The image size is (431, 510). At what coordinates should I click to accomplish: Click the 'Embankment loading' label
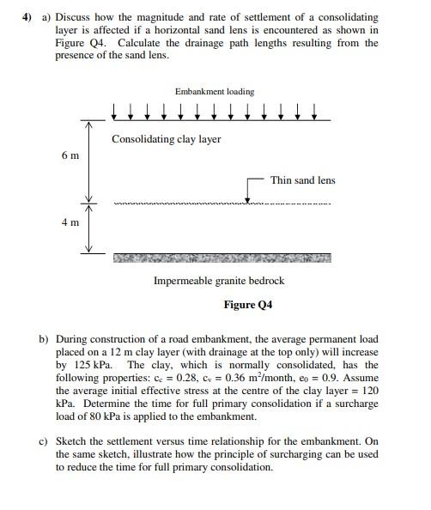click(214, 91)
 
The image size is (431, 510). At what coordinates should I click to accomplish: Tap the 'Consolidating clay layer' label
click(166, 139)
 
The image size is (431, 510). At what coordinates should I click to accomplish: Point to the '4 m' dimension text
click(70, 222)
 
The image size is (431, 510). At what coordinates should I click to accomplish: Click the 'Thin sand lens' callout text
click(302, 180)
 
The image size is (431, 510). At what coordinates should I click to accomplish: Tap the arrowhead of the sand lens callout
click(247, 201)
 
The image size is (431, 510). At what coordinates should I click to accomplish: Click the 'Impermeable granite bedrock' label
click(218, 281)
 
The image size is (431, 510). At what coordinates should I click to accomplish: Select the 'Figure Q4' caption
click(247, 304)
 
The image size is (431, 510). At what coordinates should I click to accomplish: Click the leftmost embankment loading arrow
click(115, 111)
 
